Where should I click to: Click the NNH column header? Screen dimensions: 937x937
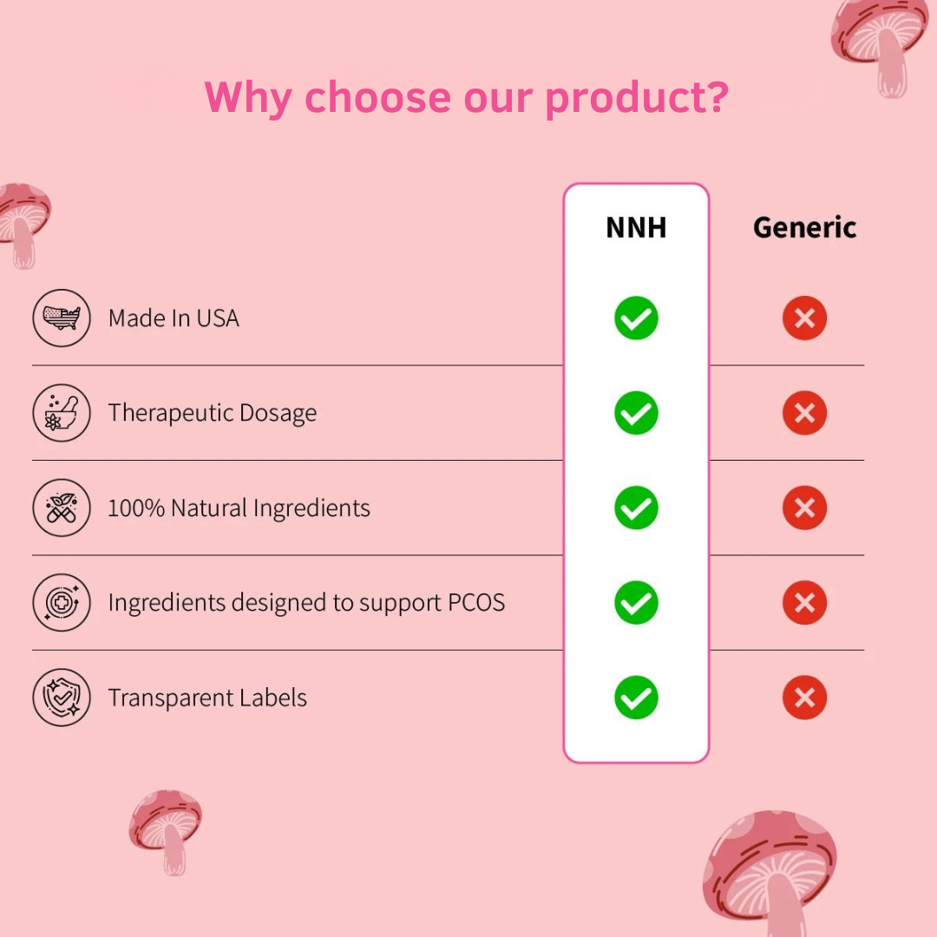[x=636, y=227]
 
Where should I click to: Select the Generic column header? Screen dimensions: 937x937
[x=804, y=227]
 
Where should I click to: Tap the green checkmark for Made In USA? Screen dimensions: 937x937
[x=636, y=318]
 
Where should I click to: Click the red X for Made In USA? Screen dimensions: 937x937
[x=804, y=318]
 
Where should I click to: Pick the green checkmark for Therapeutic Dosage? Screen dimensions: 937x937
[x=636, y=413]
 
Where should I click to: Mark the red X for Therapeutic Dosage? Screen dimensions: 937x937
[x=804, y=413]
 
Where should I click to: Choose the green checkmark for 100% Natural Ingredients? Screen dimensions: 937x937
[x=636, y=508]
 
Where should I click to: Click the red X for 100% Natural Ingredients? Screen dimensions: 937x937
[x=804, y=508]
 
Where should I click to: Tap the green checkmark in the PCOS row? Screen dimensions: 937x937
[x=636, y=602]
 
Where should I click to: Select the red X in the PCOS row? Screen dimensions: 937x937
[x=804, y=602]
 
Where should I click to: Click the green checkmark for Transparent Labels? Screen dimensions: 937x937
[x=636, y=698]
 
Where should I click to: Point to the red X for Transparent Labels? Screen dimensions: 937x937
[x=804, y=698]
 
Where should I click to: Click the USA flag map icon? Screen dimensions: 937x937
[x=62, y=318]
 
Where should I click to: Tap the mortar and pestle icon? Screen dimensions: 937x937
[x=62, y=413]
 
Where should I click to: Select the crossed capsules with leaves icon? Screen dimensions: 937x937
[x=62, y=508]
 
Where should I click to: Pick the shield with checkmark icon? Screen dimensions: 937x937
[x=62, y=698]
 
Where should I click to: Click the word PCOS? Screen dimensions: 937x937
[x=476, y=602]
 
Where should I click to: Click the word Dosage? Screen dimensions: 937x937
[x=278, y=414]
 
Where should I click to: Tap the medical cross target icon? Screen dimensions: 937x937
[x=62, y=602]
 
